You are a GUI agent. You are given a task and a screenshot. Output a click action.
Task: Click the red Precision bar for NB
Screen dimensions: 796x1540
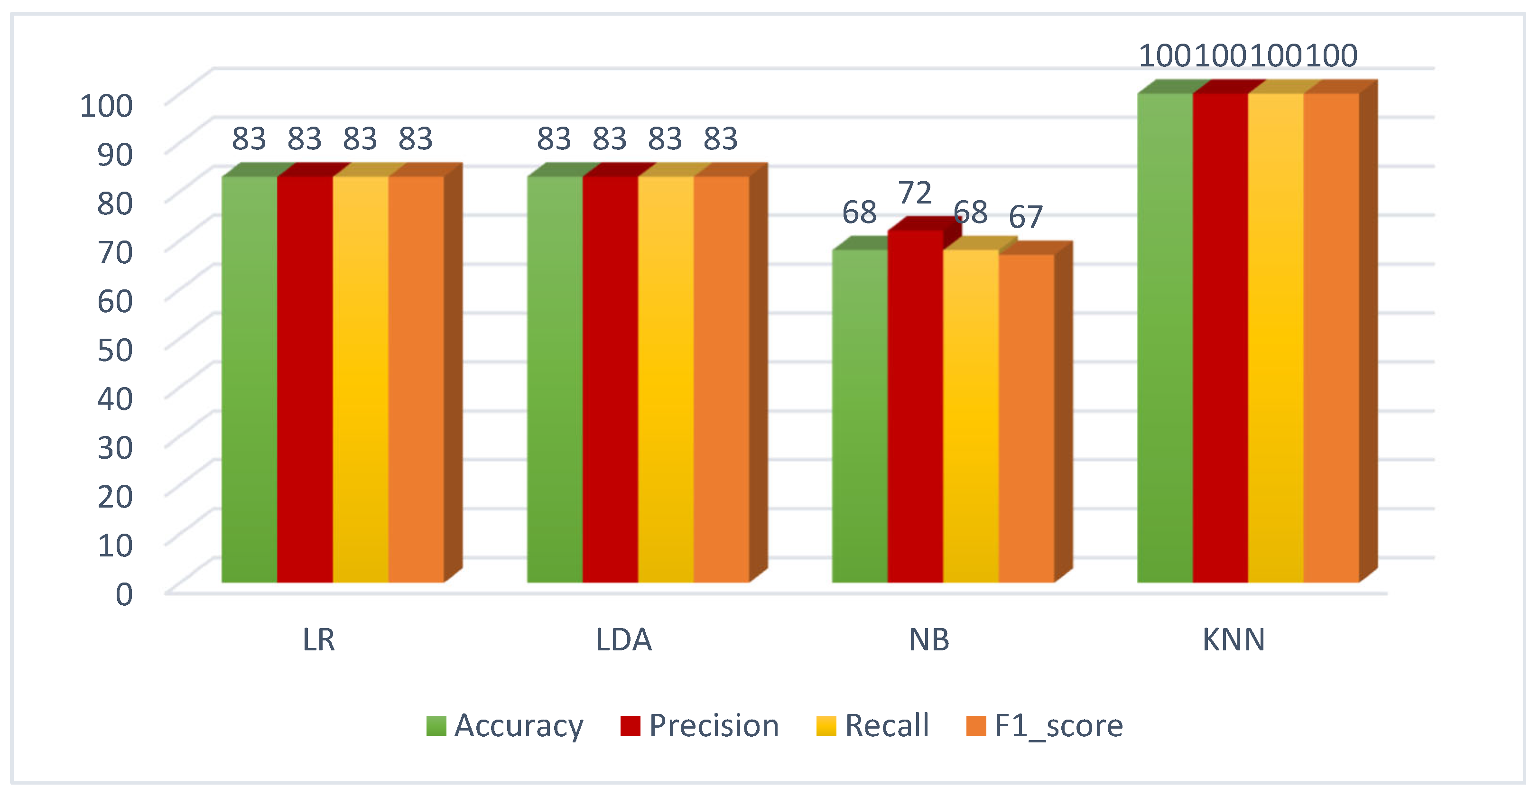(x=915, y=407)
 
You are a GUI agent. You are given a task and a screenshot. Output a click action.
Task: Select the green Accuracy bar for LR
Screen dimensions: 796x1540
(x=249, y=379)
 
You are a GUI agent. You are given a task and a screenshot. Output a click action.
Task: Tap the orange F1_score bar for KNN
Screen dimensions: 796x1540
(x=1331, y=338)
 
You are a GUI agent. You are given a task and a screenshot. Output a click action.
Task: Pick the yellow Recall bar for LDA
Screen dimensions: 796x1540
(x=665, y=379)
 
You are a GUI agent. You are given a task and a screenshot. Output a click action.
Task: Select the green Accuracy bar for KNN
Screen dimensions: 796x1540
(x=1165, y=338)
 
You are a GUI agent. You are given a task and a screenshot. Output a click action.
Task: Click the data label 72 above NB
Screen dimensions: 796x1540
(x=915, y=193)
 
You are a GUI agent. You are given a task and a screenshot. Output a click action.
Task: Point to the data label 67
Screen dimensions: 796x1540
(x=1025, y=217)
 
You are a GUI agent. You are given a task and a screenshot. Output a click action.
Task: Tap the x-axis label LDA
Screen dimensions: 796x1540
(x=623, y=640)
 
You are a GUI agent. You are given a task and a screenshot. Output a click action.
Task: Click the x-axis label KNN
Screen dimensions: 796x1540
(x=1234, y=640)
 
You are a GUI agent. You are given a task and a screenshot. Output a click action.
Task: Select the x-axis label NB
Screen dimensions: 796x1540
(x=928, y=640)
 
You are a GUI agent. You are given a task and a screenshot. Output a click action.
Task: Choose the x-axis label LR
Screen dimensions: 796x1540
(x=319, y=640)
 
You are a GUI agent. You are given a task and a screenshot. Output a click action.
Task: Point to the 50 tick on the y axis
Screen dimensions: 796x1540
(x=115, y=350)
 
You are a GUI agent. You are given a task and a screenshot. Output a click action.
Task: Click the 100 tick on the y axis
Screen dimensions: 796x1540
(x=106, y=106)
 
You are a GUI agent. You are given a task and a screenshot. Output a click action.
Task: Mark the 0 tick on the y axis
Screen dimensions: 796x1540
(x=124, y=594)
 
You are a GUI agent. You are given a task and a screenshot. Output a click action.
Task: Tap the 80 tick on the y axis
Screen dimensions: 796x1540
(x=115, y=203)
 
